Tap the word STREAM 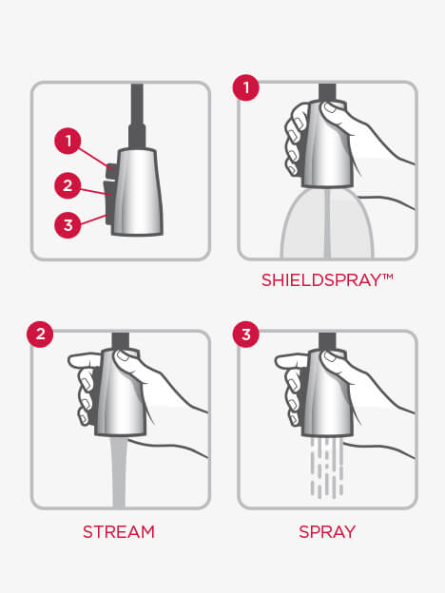[119, 532]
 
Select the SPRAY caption [327, 532]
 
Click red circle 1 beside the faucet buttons [68, 141]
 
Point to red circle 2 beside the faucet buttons [68, 185]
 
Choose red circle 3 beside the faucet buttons [68, 225]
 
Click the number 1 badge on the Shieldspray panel [246, 87]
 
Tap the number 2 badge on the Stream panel [40, 335]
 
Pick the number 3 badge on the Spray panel [246, 335]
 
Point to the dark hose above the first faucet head [137, 115]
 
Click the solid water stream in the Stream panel [119, 470]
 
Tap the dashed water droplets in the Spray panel [327, 467]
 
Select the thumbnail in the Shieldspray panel [329, 107]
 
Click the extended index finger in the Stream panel [84, 360]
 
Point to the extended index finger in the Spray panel [291, 360]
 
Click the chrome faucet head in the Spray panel [327, 393]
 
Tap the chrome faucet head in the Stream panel [121, 393]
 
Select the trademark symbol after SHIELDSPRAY [388, 277]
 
